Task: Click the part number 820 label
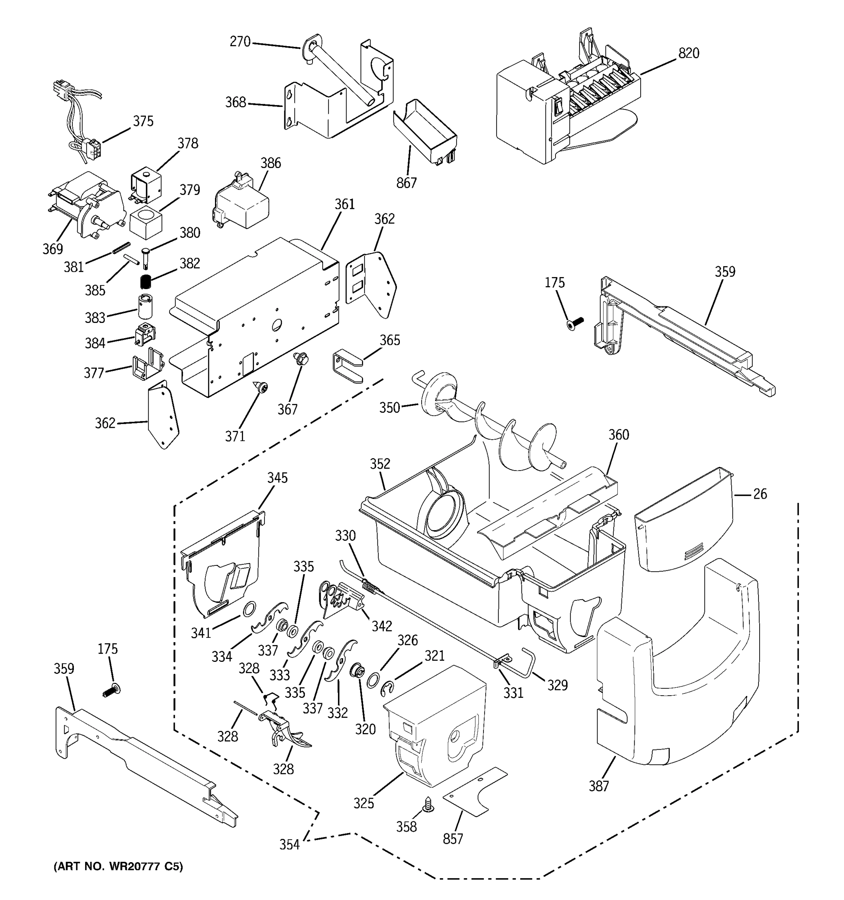tap(688, 53)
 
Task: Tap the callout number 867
tap(406, 183)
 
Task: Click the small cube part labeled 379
tap(146, 223)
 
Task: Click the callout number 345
tap(277, 478)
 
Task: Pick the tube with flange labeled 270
tap(339, 72)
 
